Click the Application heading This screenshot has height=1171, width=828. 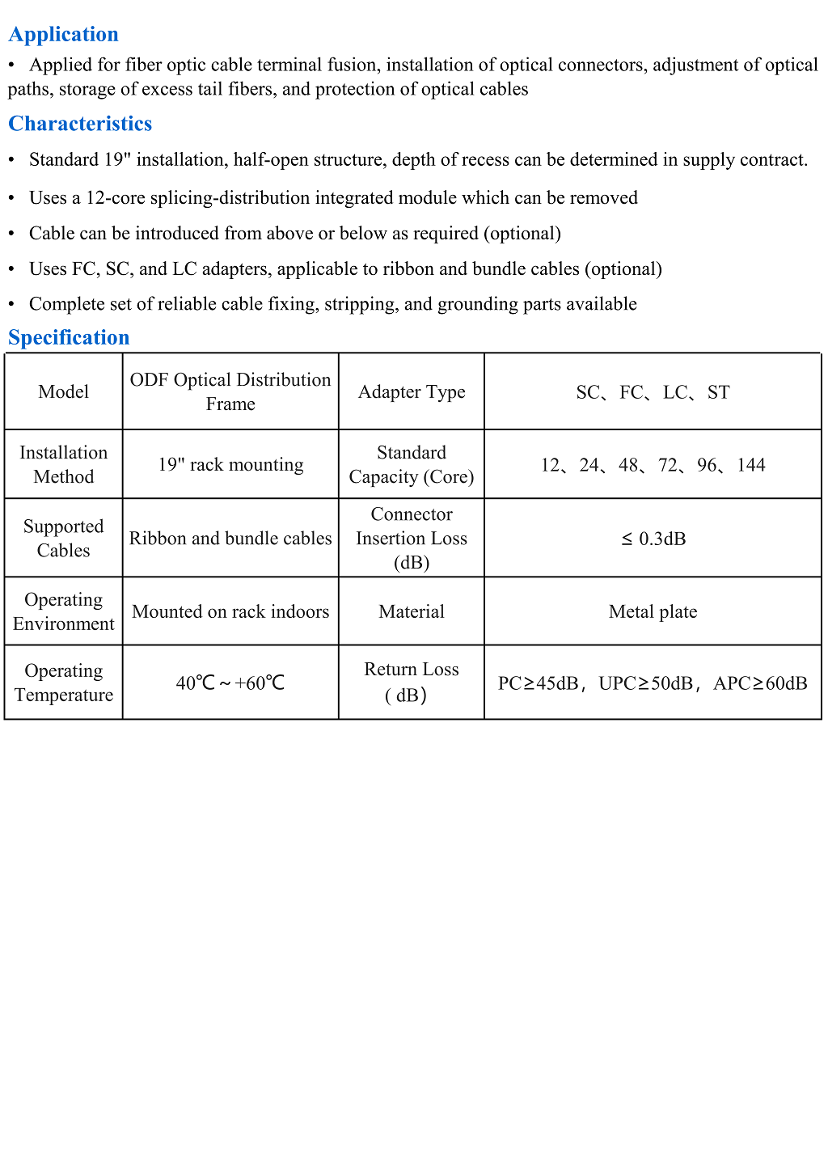click(63, 34)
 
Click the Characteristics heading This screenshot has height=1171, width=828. click(80, 124)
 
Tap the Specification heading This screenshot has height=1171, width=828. click(69, 337)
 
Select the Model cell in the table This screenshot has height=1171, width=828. click(63, 392)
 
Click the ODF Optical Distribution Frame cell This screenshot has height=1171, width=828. click(230, 392)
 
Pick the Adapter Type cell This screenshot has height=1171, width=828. click(412, 392)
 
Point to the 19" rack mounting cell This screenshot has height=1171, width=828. click(230, 465)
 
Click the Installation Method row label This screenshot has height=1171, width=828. click(63, 465)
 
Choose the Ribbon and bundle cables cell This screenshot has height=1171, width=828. click(230, 539)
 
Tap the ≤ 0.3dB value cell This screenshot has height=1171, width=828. click(653, 539)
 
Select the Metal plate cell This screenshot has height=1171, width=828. click(653, 612)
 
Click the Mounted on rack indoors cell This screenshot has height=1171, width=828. click(230, 612)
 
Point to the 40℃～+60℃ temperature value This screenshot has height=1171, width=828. click(230, 683)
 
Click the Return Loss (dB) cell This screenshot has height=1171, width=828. click(412, 683)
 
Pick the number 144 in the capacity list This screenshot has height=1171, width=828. click(751, 465)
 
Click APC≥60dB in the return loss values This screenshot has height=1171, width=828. click(760, 683)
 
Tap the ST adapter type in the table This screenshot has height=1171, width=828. click(719, 392)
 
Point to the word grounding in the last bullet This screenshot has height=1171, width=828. click(475, 304)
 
